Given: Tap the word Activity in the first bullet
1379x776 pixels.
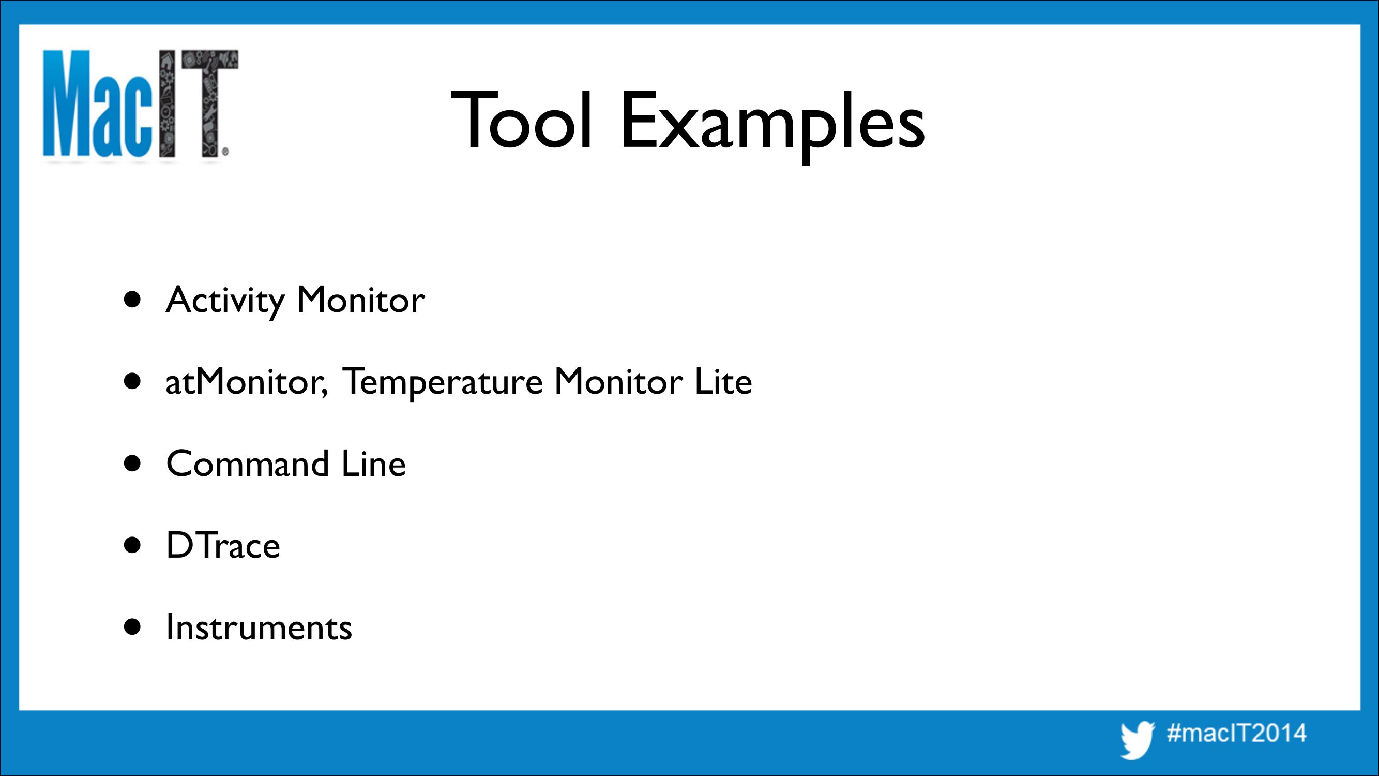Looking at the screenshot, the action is tap(225, 301).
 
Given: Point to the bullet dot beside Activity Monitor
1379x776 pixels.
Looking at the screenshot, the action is tap(132, 300).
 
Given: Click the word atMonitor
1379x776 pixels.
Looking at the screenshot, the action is tap(247, 383).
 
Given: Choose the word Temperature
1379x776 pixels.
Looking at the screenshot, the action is tap(442, 383).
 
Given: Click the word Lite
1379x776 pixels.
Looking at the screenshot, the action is tap(723, 382).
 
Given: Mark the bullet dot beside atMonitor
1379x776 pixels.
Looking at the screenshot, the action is tap(132, 382).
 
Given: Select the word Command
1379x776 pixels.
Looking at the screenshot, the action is tap(247, 464).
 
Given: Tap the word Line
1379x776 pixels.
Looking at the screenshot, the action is tap(374, 464).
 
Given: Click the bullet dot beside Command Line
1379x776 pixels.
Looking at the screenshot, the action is tap(132, 464).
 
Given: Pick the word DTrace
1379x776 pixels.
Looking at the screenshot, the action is tap(223, 546).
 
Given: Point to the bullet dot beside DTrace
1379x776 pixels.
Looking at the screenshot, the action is tap(132, 546).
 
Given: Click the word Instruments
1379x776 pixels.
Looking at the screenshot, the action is tap(259, 627).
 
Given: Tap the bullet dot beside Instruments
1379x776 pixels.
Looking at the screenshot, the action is tap(132, 627).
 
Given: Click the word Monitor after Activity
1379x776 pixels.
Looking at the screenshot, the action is tap(361, 300).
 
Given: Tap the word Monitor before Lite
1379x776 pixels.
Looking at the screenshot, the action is tap(618, 382).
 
